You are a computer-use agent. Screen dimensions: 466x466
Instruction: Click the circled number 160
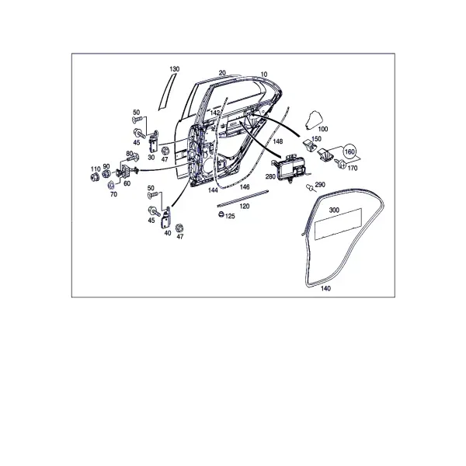[349, 152]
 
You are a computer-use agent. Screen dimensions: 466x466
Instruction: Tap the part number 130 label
[175, 69]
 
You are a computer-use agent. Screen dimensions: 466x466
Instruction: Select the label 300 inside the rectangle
[334, 210]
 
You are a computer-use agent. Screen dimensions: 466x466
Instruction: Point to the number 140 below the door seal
[325, 288]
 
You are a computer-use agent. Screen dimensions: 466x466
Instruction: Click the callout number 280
[270, 176]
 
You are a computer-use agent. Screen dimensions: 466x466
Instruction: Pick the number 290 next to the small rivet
[320, 185]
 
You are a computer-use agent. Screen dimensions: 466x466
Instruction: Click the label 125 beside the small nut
[230, 217]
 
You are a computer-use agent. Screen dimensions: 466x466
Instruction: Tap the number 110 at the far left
[96, 169]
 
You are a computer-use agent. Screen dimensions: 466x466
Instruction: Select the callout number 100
[323, 129]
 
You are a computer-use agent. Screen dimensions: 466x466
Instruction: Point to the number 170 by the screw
[352, 169]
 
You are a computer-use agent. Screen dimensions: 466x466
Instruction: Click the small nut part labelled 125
[221, 214]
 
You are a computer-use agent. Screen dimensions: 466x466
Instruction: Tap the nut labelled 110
[95, 177]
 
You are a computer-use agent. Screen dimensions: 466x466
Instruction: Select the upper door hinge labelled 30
[153, 142]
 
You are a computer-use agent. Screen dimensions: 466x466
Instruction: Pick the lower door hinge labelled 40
[166, 218]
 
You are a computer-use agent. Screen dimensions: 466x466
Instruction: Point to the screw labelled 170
[340, 163]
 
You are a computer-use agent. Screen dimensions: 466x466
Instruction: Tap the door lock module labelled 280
[290, 168]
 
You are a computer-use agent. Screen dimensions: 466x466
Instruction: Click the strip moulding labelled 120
[243, 197]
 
